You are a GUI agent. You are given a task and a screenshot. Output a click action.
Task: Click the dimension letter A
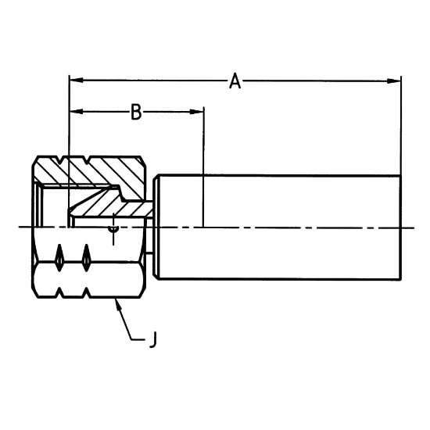click(x=235, y=81)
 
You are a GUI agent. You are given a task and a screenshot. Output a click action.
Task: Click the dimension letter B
click(x=136, y=112)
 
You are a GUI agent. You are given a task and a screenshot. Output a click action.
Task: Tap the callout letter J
click(x=153, y=339)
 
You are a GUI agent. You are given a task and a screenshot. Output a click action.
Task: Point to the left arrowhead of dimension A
click(x=77, y=81)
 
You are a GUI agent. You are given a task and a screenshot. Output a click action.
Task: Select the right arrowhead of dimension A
click(x=394, y=81)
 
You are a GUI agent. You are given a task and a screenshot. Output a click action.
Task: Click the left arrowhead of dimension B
click(x=77, y=112)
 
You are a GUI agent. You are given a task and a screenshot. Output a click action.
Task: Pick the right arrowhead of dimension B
click(x=197, y=112)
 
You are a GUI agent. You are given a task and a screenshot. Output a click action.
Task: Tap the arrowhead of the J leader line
click(x=117, y=303)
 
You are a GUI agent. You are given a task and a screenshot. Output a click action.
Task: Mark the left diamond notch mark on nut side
click(x=59, y=258)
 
